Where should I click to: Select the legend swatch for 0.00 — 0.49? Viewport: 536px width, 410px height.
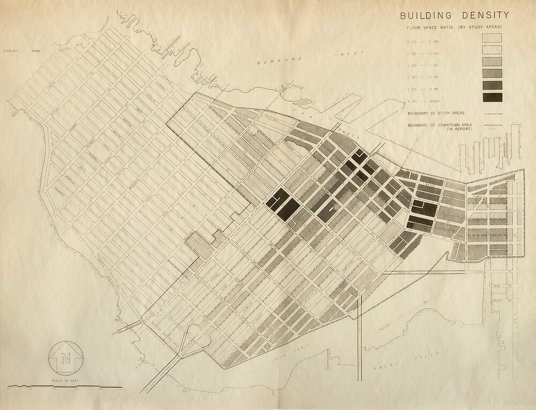point(492,37)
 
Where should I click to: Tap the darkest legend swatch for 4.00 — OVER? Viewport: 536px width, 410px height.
point(492,97)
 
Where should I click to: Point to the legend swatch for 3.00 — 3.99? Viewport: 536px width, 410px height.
point(492,85)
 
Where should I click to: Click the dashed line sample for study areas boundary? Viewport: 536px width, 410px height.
point(492,113)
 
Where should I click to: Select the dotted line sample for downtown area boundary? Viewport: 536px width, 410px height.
point(492,126)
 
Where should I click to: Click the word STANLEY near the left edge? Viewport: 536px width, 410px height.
point(11,51)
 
